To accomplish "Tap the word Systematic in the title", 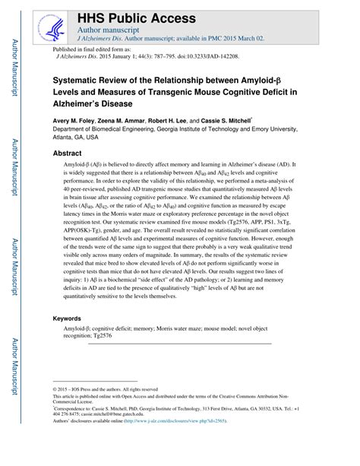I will pos(81,79).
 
